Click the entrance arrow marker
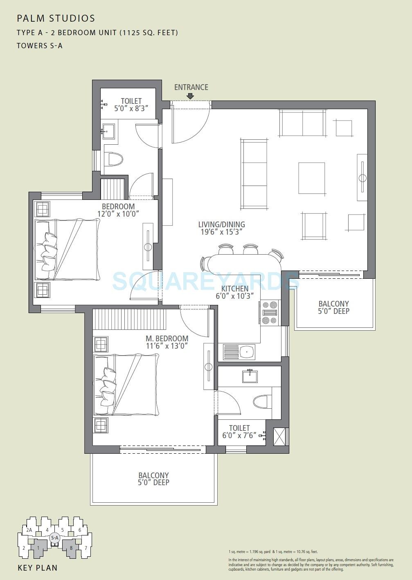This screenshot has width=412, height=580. pyautogui.click(x=190, y=96)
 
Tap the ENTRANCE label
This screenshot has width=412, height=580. pyautogui.click(x=191, y=87)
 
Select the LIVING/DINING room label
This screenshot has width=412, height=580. pyautogui.click(x=221, y=224)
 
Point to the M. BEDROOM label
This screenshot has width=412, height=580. pyautogui.click(x=167, y=338)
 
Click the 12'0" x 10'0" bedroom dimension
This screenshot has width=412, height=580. pyautogui.click(x=118, y=214)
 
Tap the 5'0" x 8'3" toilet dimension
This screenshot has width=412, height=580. pyautogui.click(x=131, y=109)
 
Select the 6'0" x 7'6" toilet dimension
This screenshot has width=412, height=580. pyautogui.click(x=239, y=435)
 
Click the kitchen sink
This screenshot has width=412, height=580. pyautogui.click(x=239, y=352)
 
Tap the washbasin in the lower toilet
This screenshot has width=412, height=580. pyautogui.click(x=250, y=376)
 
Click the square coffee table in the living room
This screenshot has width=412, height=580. pyautogui.click(x=312, y=178)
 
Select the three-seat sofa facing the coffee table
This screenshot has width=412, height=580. pyautogui.click(x=254, y=174)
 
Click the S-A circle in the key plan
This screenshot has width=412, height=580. pyautogui.click(x=54, y=538)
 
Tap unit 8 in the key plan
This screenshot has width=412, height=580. pyautogui.click(x=71, y=548)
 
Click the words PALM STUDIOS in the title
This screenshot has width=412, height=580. pyautogui.click(x=56, y=18)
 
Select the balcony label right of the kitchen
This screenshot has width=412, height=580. pyautogui.click(x=334, y=307)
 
